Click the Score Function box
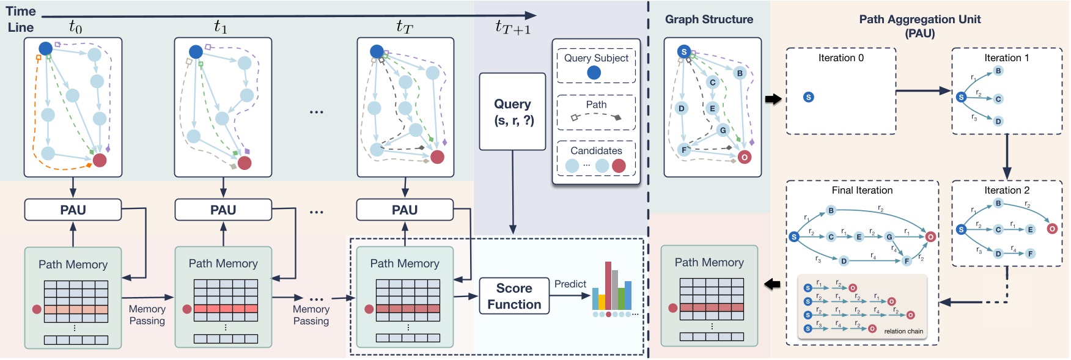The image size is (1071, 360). coord(513,296)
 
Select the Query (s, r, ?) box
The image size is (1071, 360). coord(512,112)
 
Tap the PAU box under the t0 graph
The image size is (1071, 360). coord(73,210)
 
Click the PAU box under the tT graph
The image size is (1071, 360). coord(405,210)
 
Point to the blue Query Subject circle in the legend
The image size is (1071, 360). coord(594,73)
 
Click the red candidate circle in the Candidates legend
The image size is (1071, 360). coord(619,166)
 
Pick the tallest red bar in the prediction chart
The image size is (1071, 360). coord(608,285)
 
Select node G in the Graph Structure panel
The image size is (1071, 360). coord(723,130)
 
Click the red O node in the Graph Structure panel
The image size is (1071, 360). coord(744,157)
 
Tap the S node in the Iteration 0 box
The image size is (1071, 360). coord(808,97)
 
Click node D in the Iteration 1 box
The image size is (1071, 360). coord(998,121)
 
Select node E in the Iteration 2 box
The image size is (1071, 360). coord(1031,230)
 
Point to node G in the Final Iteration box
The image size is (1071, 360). coord(889,237)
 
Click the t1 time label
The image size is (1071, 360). coord(220,26)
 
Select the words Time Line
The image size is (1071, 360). coord(21,19)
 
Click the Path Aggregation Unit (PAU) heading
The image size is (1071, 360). coord(919,26)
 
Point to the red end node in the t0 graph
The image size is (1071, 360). coord(100,160)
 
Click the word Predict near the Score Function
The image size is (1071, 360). coord(570,284)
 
